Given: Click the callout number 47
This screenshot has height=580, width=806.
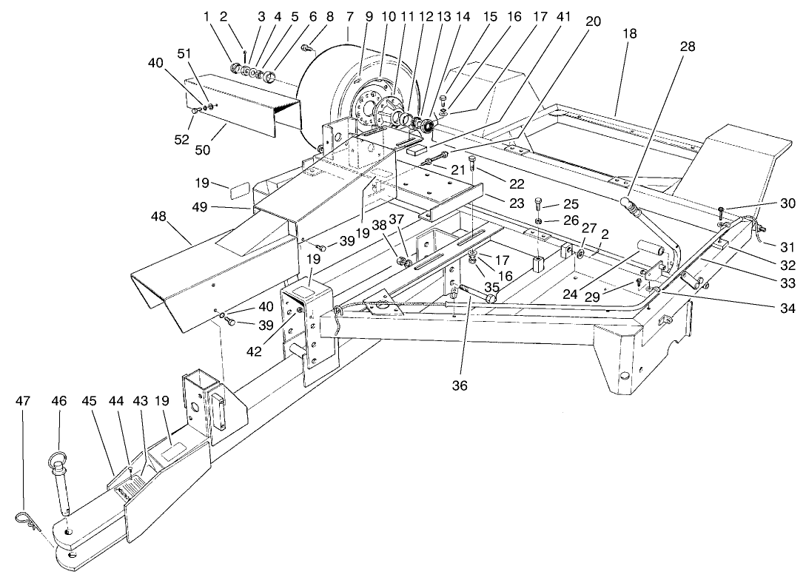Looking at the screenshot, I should [x=23, y=401].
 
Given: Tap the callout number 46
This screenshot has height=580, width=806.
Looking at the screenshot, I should [x=58, y=401].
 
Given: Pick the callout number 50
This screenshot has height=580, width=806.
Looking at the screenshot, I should [x=202, y=149].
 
